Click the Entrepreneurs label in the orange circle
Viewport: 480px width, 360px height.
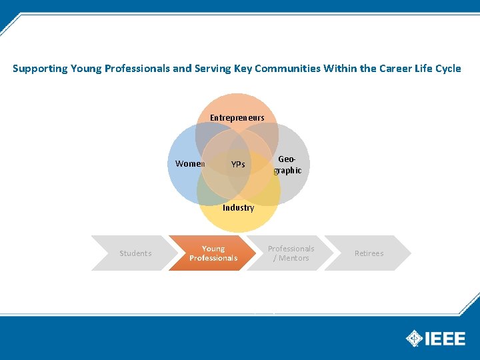point(237,118)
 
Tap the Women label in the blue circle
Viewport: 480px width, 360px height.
point(189,164)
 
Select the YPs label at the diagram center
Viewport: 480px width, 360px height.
point(237,165)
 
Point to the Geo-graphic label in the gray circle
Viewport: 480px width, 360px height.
point(288,165)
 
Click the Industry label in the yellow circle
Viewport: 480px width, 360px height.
point(238,208)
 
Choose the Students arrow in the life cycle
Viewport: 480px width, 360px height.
point(135,253)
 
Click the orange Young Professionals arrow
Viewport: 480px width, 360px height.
point(213,253)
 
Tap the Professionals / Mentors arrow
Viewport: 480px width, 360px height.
point(291,253)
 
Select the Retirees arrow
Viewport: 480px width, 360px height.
point(369,253)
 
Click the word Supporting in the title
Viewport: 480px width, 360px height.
point(40,69)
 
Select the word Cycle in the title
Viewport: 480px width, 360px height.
point(447,69)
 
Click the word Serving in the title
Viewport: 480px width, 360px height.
point(213,69)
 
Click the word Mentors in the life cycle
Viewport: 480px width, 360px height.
point(294,258)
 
